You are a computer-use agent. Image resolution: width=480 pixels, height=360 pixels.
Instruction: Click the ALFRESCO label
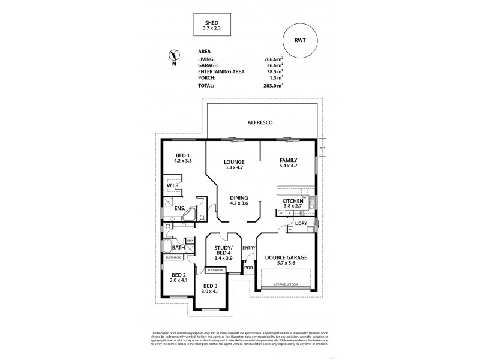[x=260, y=122]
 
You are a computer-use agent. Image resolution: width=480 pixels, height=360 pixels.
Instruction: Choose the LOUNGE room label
[x=233, y=162]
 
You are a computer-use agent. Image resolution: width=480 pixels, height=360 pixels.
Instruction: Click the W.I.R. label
[x=173, y=186]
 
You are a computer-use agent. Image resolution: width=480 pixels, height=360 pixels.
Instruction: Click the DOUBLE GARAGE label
[x=286, y=257]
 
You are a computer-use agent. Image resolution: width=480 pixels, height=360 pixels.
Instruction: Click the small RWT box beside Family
[x=322, y=148]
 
